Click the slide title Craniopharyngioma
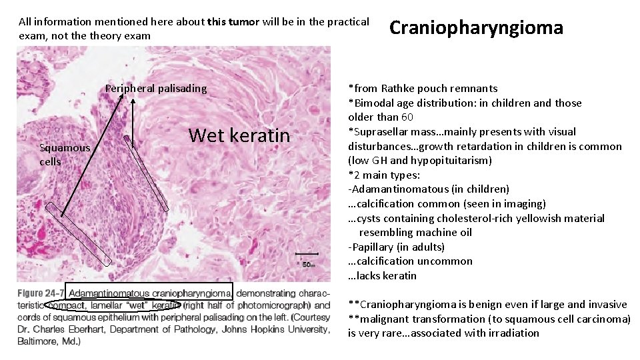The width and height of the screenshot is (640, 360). (x=476, y=28)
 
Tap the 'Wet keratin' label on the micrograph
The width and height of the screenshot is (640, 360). (x=239, y=136)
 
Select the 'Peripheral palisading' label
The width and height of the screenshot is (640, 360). (x=156, y=89)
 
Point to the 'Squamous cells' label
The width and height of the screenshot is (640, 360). (x=64, y=155)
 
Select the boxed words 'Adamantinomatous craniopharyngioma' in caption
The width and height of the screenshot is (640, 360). (x=151, y=293)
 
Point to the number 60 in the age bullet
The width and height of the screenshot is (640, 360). (x=407, y=117)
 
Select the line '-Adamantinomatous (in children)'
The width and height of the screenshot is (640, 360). (x=429, y=189)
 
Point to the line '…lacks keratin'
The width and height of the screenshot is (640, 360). (x=382, y=276)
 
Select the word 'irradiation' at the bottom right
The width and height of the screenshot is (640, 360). (x=513, y=333)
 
